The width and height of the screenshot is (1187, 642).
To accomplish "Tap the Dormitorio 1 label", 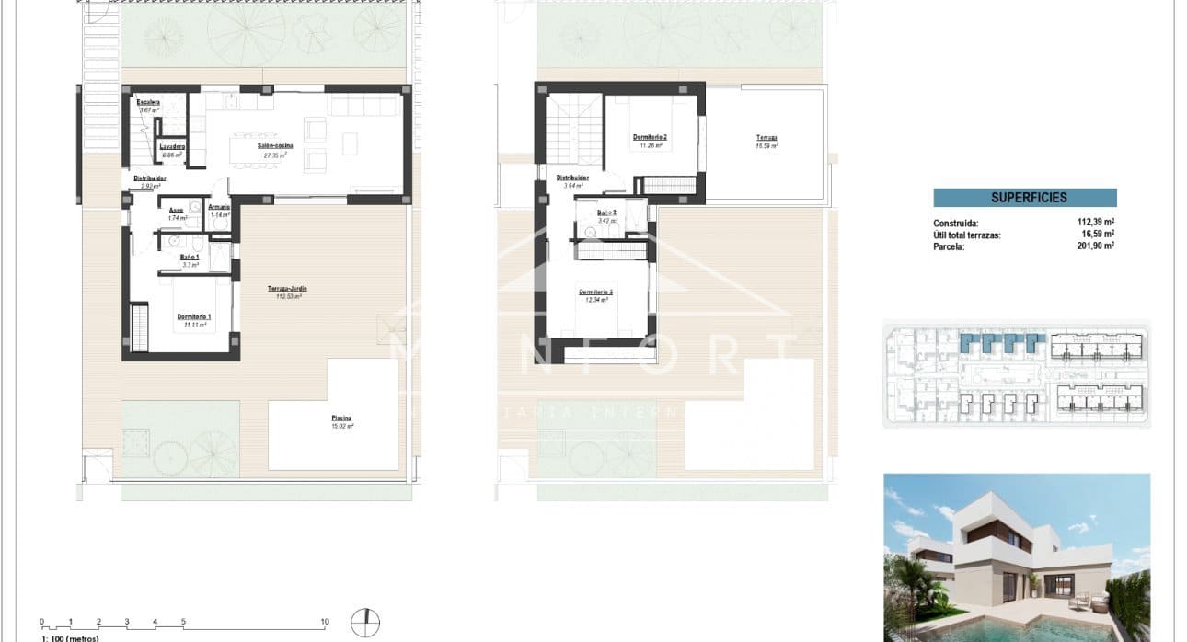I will pos(194,317).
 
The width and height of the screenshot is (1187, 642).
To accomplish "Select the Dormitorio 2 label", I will pos(650,138).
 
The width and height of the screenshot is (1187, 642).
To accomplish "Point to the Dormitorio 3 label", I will pos(596,292).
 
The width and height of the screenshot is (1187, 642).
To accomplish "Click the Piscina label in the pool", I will pos(341,419).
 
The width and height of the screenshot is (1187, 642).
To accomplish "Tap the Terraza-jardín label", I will pos(287,290).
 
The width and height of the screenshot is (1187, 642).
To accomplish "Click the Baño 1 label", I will pos(190,257).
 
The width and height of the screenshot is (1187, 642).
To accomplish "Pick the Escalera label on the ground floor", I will pos(148,102).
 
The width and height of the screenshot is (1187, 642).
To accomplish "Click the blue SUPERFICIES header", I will pos(1024,198).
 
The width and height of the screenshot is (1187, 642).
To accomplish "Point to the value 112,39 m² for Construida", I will pos(1095,223).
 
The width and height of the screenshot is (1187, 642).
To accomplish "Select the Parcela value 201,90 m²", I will pos(1095,246).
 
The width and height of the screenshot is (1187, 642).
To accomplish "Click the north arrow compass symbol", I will pos(365,623).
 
